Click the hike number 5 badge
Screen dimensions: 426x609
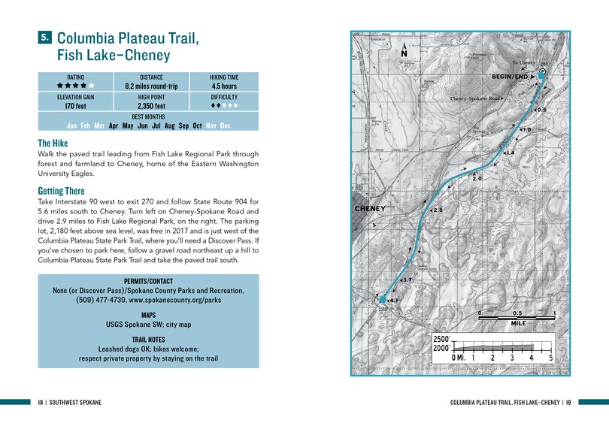[x=45, y=36]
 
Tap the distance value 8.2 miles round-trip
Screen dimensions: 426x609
[x=151, y=86]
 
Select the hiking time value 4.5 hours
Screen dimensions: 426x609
[x=224, y=86]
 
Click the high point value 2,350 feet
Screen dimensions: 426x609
[x=151, y=107]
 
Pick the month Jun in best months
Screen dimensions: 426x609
[x=143, y=126]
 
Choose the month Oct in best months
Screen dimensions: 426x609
[x=197, y=126]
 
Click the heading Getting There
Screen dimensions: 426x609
[x=61, y=192]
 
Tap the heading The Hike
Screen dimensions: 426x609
[x=54, y=143]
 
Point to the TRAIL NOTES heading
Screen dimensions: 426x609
[x=148, y=340]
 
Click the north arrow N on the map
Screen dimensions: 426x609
[x=404, y=53]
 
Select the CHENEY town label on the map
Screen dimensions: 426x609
[x=370, y=208]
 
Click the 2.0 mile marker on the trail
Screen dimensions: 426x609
[x=476, y=179]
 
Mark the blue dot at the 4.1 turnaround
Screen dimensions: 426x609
[x=383, y=299]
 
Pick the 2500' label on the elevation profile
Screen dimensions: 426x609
[x=442, y=339]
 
